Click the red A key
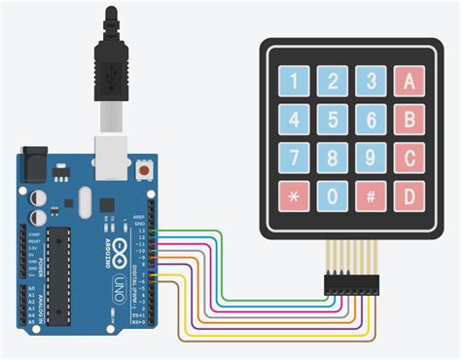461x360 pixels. point(409,80)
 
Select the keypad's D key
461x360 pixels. point(409,195)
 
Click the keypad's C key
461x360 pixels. point(409,158)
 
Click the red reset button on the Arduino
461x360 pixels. point(145,170)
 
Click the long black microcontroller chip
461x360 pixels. point(60,273)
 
